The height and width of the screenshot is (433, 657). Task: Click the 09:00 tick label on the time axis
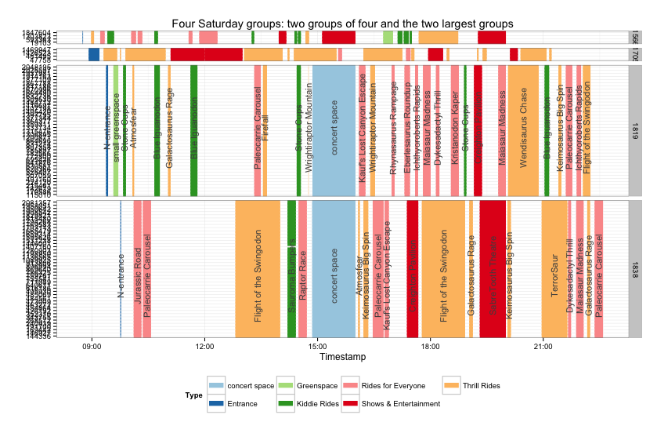(x=92, y=346)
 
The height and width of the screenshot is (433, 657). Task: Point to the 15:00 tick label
(x=317, y=346)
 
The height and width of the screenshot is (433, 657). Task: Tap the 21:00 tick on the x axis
(x=543, y=346)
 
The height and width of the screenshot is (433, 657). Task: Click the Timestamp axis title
(x=344, y=357)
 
